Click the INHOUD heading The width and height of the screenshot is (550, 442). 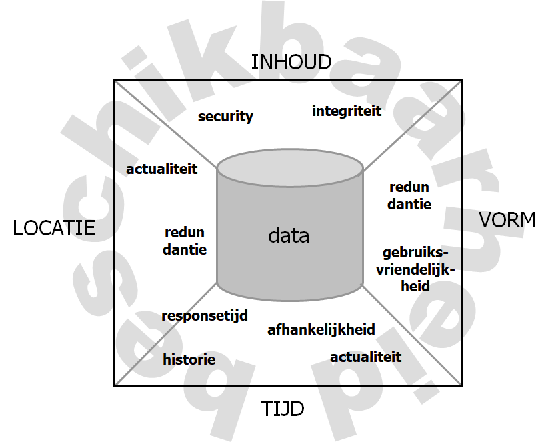click(x=291, y=62)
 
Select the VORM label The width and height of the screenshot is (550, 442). click(x=507, y=220)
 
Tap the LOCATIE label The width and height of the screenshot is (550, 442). click(x=54, y=228)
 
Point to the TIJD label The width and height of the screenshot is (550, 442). click(x=282, y=407)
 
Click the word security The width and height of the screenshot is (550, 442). click(x=225, y=117)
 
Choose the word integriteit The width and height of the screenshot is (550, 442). click(x=347, y=111)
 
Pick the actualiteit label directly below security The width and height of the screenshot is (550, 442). click(x=162, y=169)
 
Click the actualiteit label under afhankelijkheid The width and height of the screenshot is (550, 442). click(x=366, y=357)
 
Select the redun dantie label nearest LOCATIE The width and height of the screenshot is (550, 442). click(x=185, y=241)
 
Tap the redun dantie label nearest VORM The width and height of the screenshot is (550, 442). click(x=409, y=196)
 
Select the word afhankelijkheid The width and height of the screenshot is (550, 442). click(x=321, y=329)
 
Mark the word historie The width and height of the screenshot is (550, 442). click(x=189, y=359)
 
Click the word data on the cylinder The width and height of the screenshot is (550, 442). click(x=289, y=235)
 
